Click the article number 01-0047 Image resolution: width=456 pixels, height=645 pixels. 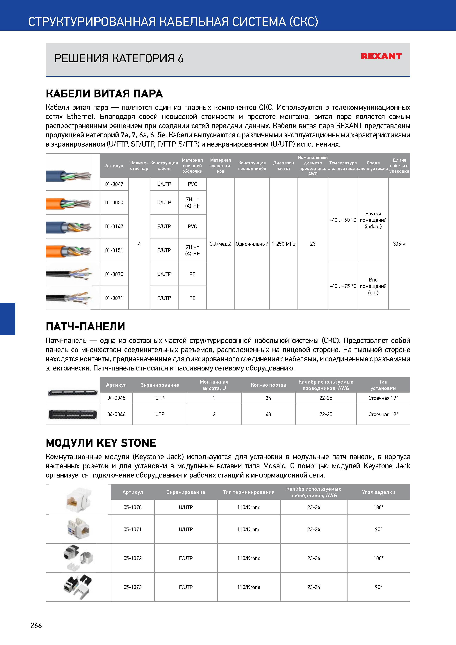(x=114, y=184)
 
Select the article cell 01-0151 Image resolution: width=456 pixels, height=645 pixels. (x=114, y=250)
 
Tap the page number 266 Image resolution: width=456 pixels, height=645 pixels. (x=36, y=625)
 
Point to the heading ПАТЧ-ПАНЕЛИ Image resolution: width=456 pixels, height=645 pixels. (x=85, y=326)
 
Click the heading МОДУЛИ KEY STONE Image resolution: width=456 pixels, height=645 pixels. (x=101, y=443)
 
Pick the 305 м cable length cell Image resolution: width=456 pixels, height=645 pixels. (x=399, y=244)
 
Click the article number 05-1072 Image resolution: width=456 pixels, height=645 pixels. (x=132, y=558)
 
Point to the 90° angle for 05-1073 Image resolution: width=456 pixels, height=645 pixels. (x=378, y=587)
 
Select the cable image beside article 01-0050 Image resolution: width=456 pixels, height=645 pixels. (x=69, y=203)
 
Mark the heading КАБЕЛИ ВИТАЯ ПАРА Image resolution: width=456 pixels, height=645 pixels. (x=104, y=94)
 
